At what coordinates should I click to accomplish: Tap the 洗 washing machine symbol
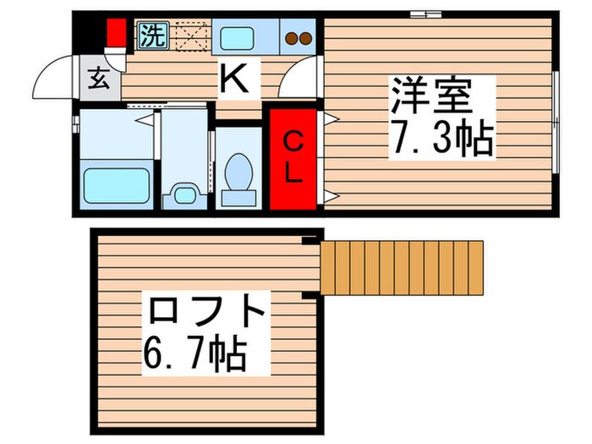click(152, 36)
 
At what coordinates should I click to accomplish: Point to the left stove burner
click(291, 38)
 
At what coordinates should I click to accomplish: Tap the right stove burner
click(304, 38)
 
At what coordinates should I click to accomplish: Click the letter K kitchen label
click(234, 81)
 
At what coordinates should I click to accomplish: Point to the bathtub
click(116, 184)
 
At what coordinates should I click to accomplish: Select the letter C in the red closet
click(293, 140)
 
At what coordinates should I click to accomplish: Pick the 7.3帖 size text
click(440, 139)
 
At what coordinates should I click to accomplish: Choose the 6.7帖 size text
click(195, 354)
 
